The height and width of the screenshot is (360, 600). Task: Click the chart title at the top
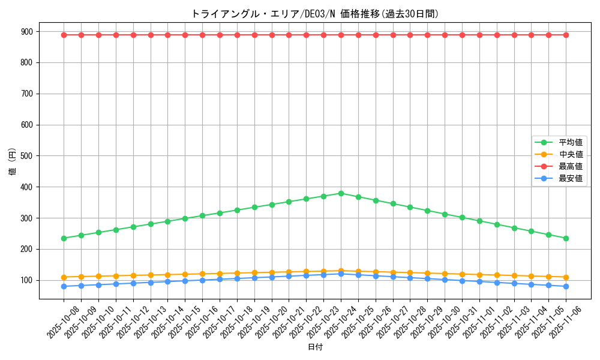314,14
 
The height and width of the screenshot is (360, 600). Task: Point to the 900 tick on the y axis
28,31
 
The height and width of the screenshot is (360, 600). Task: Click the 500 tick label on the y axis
28,156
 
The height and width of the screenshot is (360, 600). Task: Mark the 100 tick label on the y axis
28,280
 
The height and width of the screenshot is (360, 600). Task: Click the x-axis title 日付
315,347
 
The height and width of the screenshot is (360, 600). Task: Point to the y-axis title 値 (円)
12,162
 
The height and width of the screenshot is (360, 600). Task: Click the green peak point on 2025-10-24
341,193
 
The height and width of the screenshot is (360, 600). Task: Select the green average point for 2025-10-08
64,238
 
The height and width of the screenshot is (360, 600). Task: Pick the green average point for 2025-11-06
566,238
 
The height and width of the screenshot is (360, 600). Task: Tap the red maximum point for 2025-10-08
64,35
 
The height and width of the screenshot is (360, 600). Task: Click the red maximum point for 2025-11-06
566,35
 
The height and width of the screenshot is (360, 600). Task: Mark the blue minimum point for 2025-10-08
64,286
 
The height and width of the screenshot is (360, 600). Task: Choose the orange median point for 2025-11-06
566,277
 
